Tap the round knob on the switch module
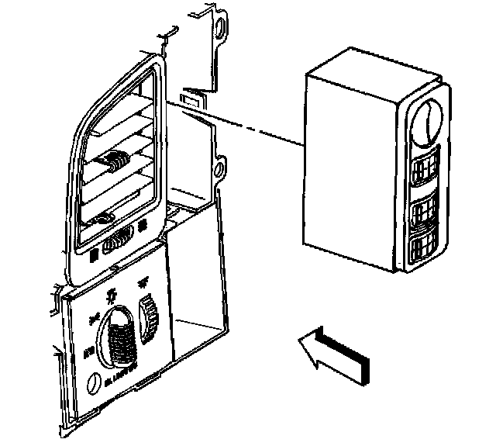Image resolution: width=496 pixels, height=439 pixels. pyautogui.click(x=425, y=123)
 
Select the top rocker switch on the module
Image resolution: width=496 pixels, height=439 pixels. pyautogui.click(x=424, y=169)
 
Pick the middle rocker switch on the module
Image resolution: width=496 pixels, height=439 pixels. pyautogui.click(x=422, y=212)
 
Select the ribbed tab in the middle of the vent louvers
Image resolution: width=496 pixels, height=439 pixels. pyautogui.click(x=117, y=163)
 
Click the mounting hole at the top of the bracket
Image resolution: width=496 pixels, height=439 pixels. pyautogui.click(x=223, y=28)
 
